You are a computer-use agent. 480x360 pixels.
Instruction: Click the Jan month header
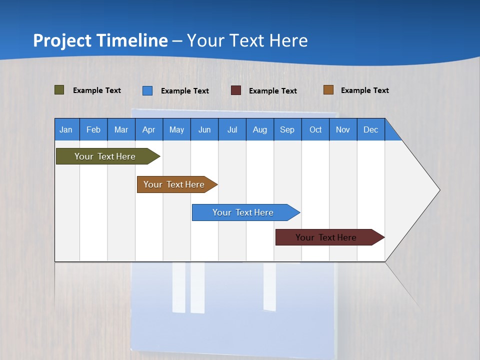coord(66,129)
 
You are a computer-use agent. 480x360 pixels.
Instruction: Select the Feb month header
coord(93,129)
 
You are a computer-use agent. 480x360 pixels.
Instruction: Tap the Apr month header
coord(148,129)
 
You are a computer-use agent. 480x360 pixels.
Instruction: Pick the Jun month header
coord(204,129)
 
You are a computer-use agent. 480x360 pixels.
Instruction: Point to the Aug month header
coord(259,129)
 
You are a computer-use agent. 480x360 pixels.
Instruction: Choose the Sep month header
coord(287,129)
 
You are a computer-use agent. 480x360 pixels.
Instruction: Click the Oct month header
coord(315,129)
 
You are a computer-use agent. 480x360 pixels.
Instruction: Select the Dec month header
coord(370,129)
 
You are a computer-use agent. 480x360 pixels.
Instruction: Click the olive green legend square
coord(59,90)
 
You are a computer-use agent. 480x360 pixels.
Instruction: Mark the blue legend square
coord(147,90)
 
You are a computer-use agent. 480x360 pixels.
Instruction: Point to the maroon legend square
coord(236,90)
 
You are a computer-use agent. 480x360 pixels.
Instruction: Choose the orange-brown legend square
coord(328,90)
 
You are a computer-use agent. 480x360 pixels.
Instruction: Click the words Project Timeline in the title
coord(100,40)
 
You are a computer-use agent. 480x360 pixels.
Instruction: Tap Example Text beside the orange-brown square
coord(364,90)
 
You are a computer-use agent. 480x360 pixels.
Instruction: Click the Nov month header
coord(343,129)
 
